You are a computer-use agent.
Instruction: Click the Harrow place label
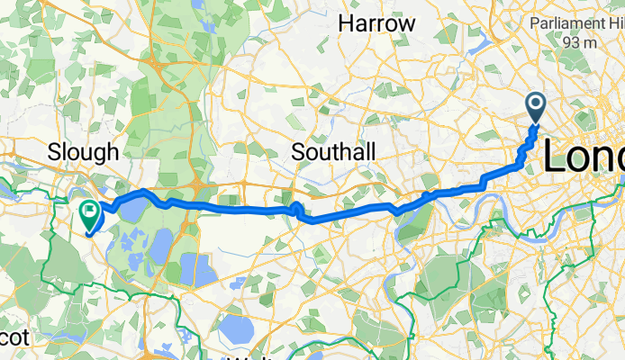[376, 24]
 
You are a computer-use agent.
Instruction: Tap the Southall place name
[334, 153]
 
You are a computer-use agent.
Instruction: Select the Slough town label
[83, 151]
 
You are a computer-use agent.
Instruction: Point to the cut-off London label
[583, 158]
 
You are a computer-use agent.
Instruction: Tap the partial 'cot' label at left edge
[15, 337]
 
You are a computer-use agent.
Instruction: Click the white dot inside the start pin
[535, 103]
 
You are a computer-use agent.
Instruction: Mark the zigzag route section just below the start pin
[529, 144]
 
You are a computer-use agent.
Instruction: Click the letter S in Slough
[52, 151]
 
